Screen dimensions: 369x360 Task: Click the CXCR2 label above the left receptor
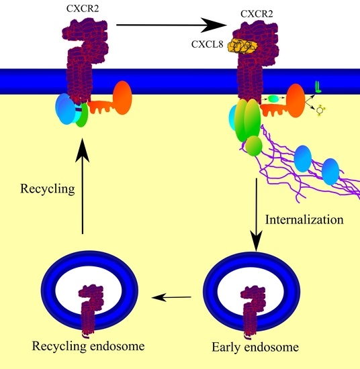click(71, 7)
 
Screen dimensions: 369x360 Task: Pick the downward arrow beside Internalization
click(256, 215)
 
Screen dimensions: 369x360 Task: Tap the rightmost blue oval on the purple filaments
click(329, 171)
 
